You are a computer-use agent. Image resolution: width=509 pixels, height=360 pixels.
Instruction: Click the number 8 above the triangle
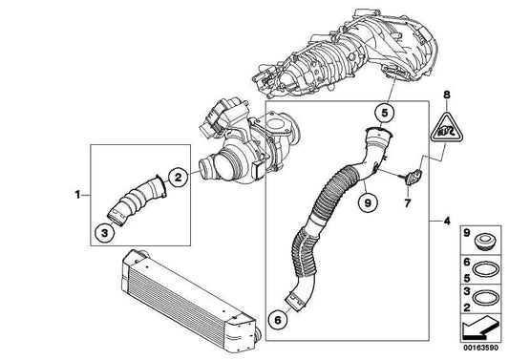point(446,95)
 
